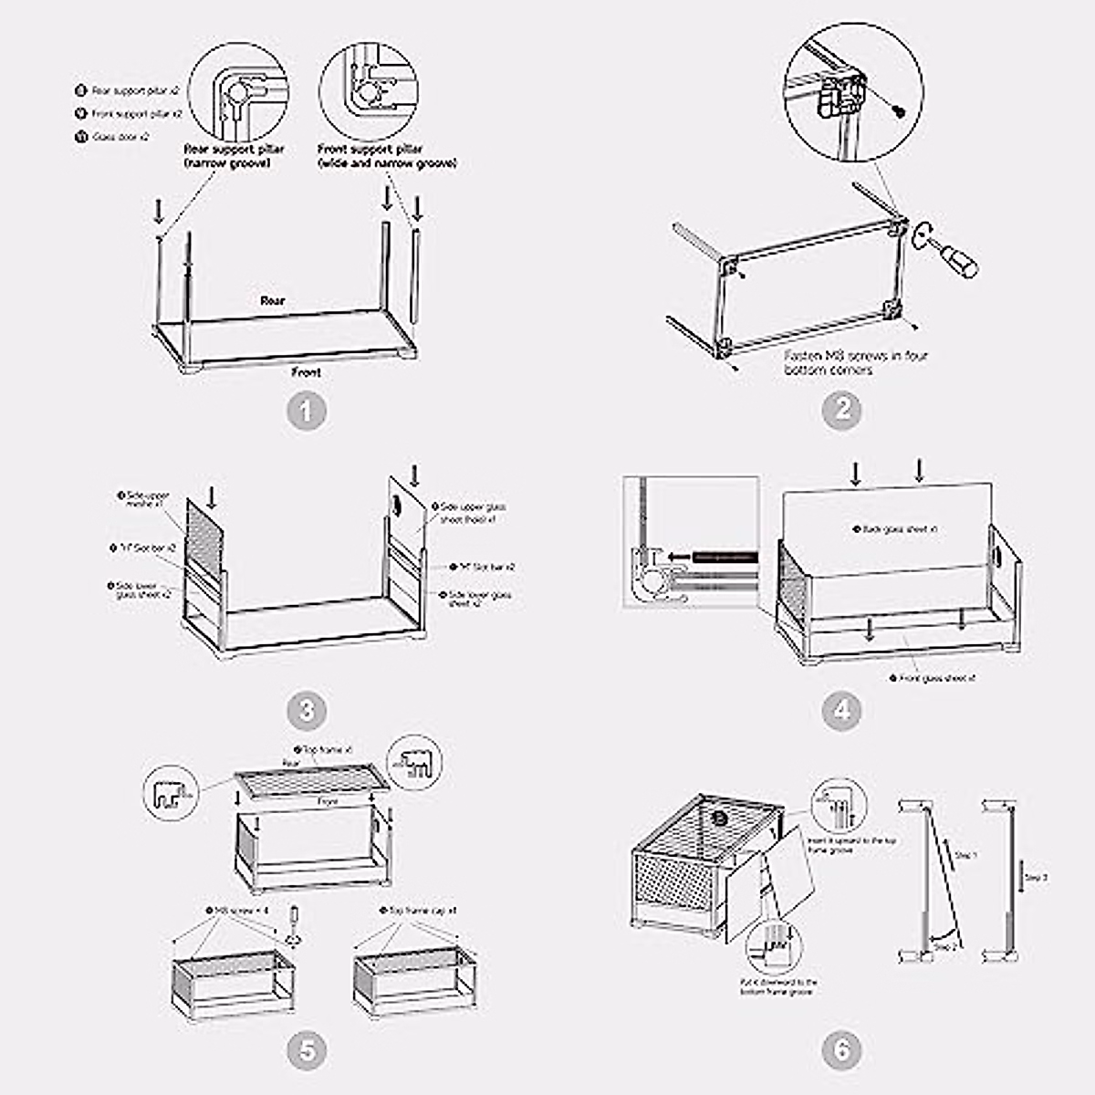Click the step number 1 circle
[x=307, y=411]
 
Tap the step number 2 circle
[x=841, y=411]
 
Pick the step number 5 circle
[x=307, y=1051]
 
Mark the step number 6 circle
[x=841, y=1051]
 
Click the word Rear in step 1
[x=272, y=300]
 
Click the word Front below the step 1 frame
[x=306, y=372]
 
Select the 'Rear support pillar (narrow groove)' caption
[x=235, y=156]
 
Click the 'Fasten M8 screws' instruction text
[x=856, y=362]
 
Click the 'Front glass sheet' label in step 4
[x=936, y=679]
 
